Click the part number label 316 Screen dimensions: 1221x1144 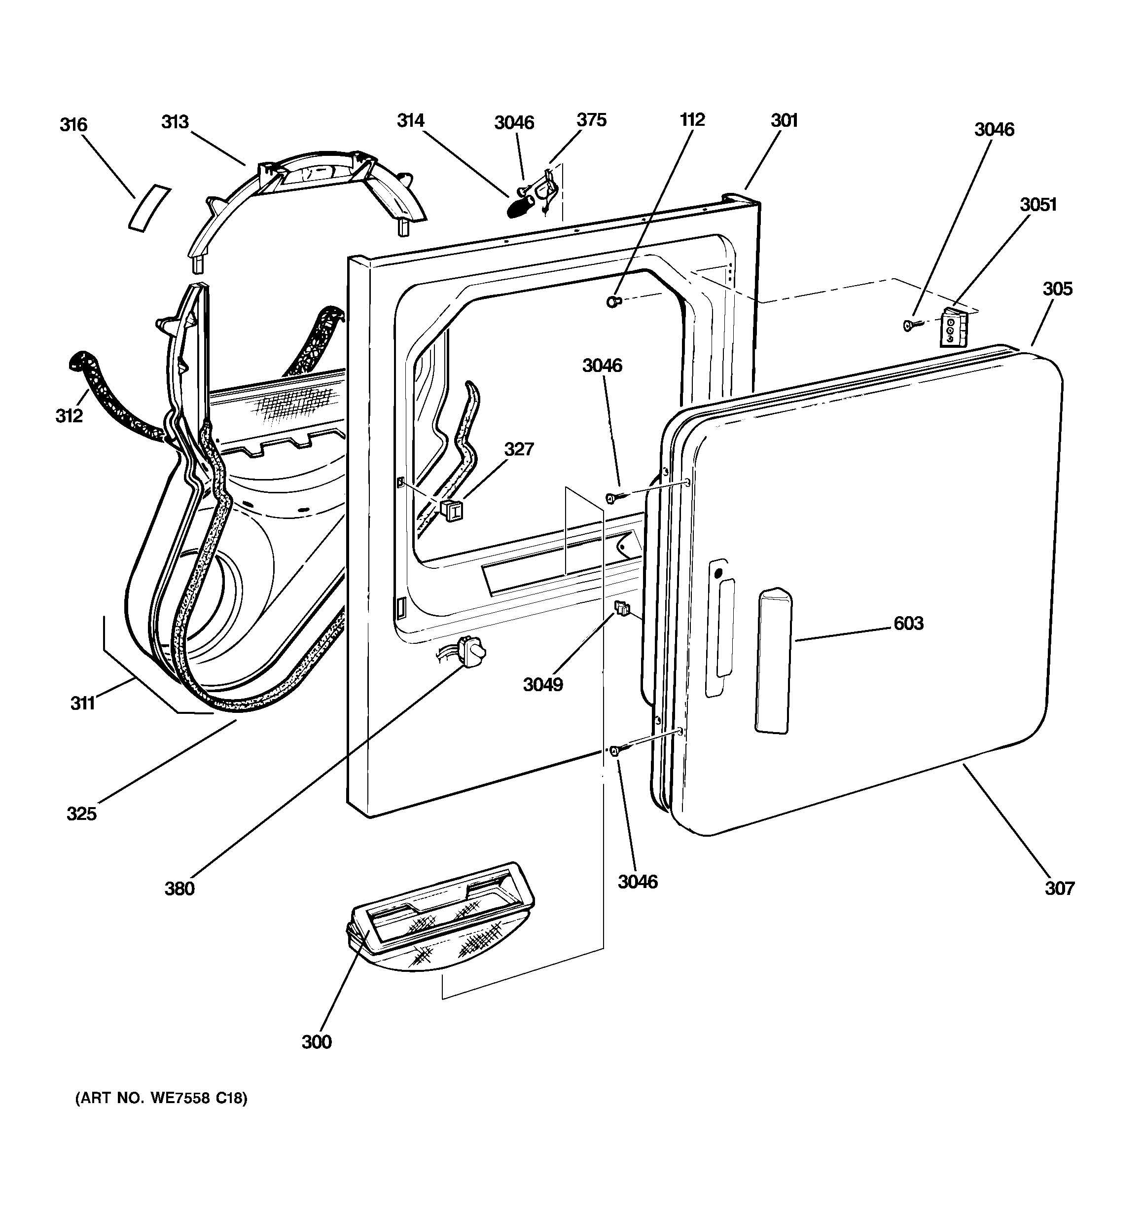click(73, 125)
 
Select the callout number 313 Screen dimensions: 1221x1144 click(175, 122)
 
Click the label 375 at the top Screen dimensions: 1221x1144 click(591, 120)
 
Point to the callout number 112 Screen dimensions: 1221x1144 click(692, 120)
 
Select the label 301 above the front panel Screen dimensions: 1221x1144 click(784, 120)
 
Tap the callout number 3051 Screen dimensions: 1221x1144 click(1038, 205)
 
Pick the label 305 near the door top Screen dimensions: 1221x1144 click(1057, 289)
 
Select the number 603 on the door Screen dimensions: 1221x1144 click(908, 624)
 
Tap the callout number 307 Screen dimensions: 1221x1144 click(1059, 888)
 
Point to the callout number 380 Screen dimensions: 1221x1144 click(179, 888)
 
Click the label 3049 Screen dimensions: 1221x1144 click(543, 684)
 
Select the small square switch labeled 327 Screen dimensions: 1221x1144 click(451, 510)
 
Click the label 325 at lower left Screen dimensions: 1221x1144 click(82, 814)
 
